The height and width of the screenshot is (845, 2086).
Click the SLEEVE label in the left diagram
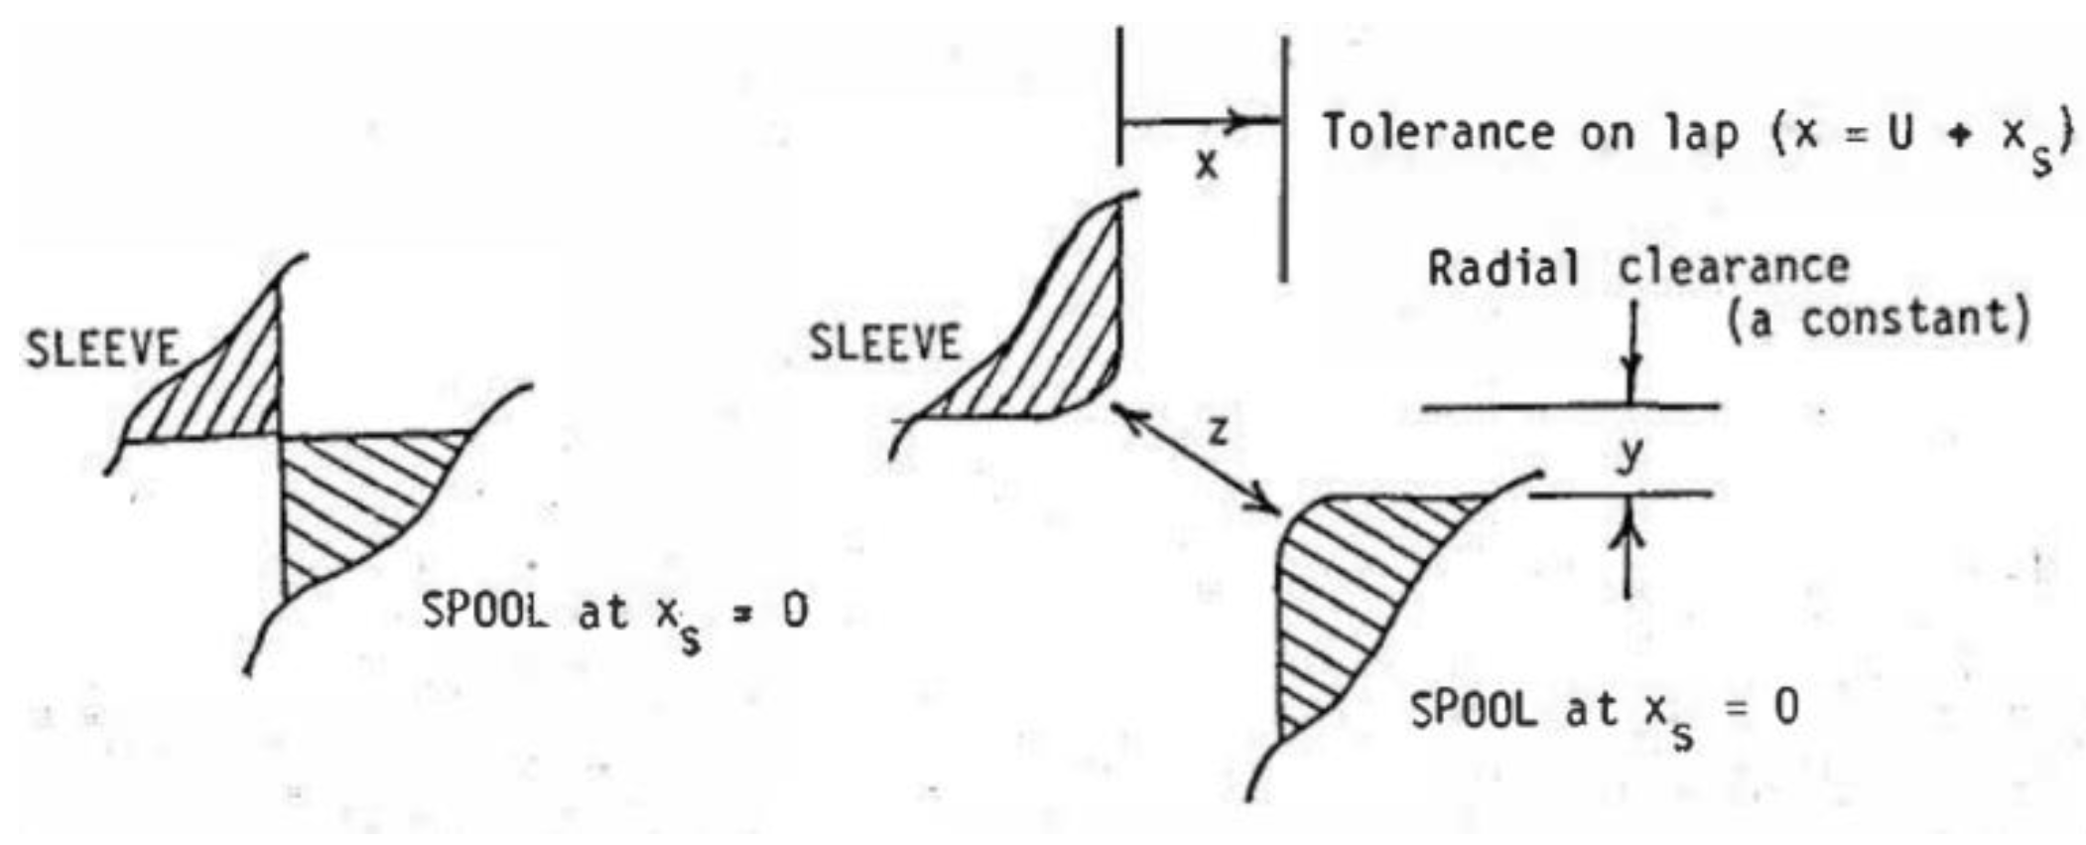tap(102, 350)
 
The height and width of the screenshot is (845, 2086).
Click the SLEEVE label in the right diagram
tap(885, 344)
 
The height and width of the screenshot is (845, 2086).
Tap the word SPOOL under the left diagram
tap(484, 611)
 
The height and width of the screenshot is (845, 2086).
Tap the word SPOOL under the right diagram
tap(1473, 709)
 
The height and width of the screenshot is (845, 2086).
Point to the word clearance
tap(1734, 267)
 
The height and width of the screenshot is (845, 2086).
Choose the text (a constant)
tap(1878, 320)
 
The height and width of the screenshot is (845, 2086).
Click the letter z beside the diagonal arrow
tap(1218, 431)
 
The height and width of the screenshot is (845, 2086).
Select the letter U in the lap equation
tap(1899, 133)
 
